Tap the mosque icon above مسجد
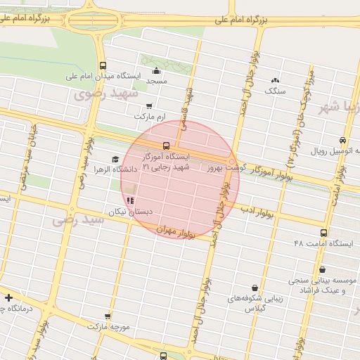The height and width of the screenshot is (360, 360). tap(155, 71)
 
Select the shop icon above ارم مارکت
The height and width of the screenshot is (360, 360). tap(148, 105)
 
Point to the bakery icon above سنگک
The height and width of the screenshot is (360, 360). tap(274, 80)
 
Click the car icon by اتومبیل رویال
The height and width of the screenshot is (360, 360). tap(342, 141)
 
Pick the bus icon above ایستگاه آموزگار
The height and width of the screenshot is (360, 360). tap(166, 146)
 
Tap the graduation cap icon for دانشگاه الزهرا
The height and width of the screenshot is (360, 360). tap(115, 159)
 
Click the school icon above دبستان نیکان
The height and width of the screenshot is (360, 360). tap(130, 200)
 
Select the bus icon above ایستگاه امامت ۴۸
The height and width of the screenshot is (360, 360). tap(323, 233)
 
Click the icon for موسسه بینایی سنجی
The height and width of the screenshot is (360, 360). tap(322, 269)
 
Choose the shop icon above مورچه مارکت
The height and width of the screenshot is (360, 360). tap(107, 316)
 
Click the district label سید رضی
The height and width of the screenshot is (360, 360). tap(78, 219)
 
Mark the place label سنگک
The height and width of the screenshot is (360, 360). tap(274, 91)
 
